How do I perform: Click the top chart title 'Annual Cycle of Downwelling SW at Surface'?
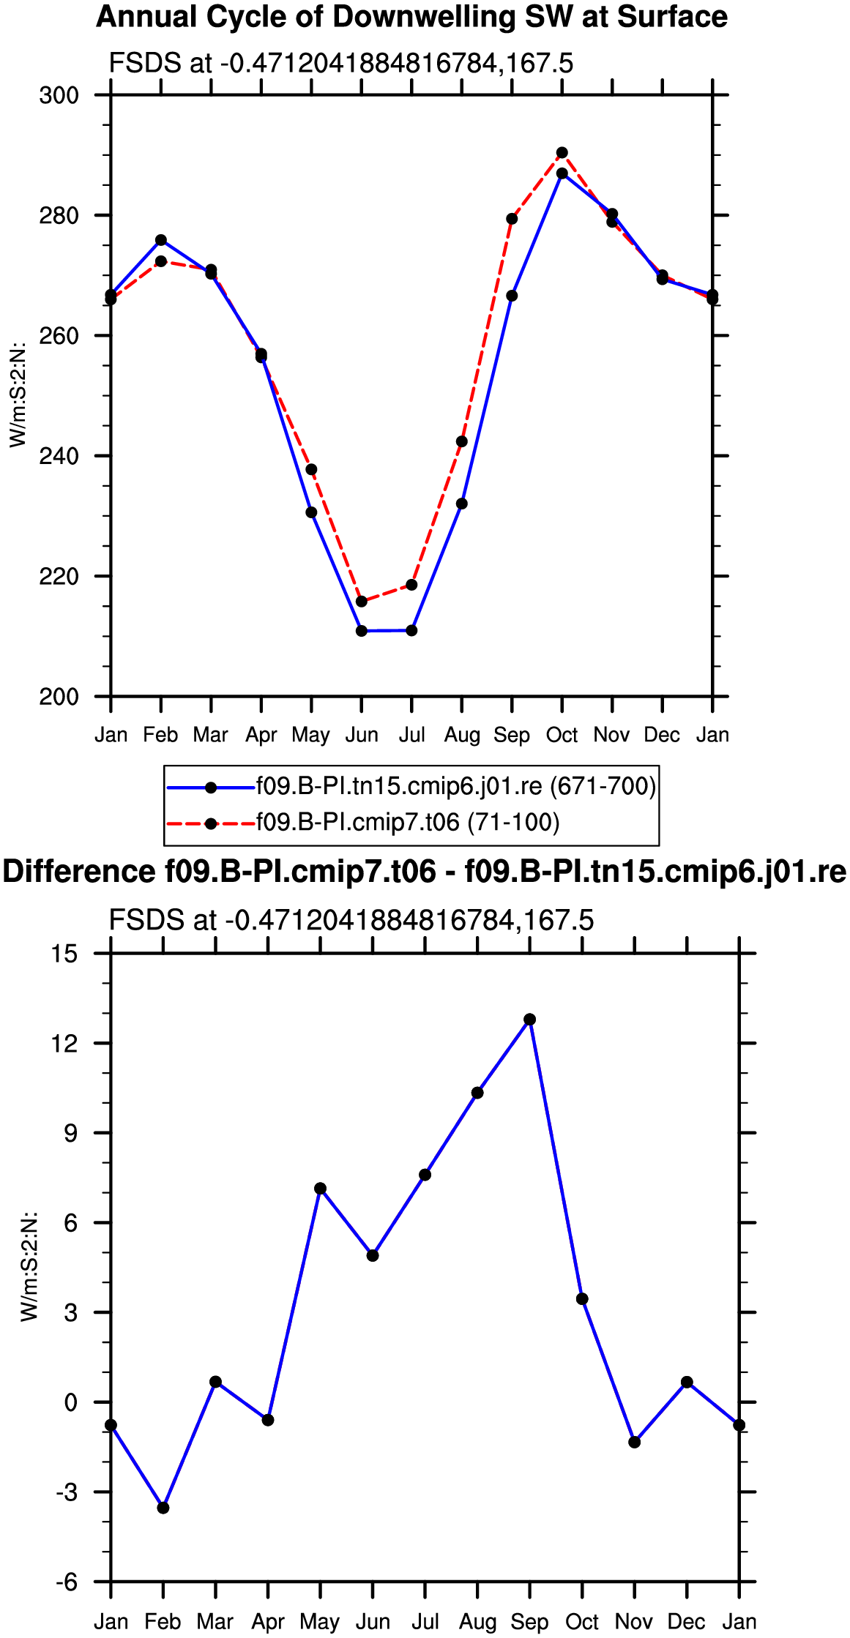point(411,17)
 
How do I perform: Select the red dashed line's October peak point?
point(562,153)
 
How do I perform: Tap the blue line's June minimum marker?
point(362,631)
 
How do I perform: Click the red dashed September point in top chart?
point(512,219)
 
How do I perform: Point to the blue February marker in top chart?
point(161,240)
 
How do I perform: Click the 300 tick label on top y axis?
point(59,95)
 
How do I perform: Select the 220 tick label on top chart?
point(59,577)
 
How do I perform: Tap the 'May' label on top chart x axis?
point(311,735)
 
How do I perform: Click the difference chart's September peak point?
point(529,1020)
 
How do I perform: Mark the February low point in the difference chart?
point(163,1508)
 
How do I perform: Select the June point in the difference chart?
point(373,1255)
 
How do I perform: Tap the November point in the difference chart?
point(635,1442)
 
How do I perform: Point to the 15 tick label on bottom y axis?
point(65,954)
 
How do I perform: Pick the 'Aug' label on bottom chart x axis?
point(477,1622)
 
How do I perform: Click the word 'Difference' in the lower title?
point(79,872)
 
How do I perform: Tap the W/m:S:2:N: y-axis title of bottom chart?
point(29,1267)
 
